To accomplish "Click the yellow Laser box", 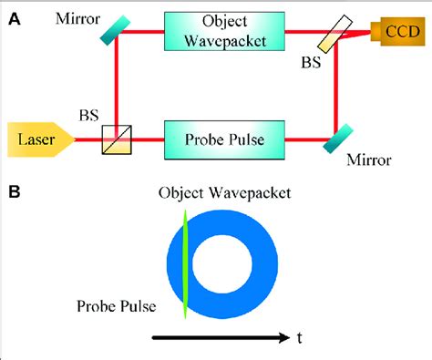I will (x=36, y=140).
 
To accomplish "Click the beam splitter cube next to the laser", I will (x=116, y=139).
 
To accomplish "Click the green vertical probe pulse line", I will (x=186, y=264).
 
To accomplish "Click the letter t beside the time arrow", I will (x=299, y=338).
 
